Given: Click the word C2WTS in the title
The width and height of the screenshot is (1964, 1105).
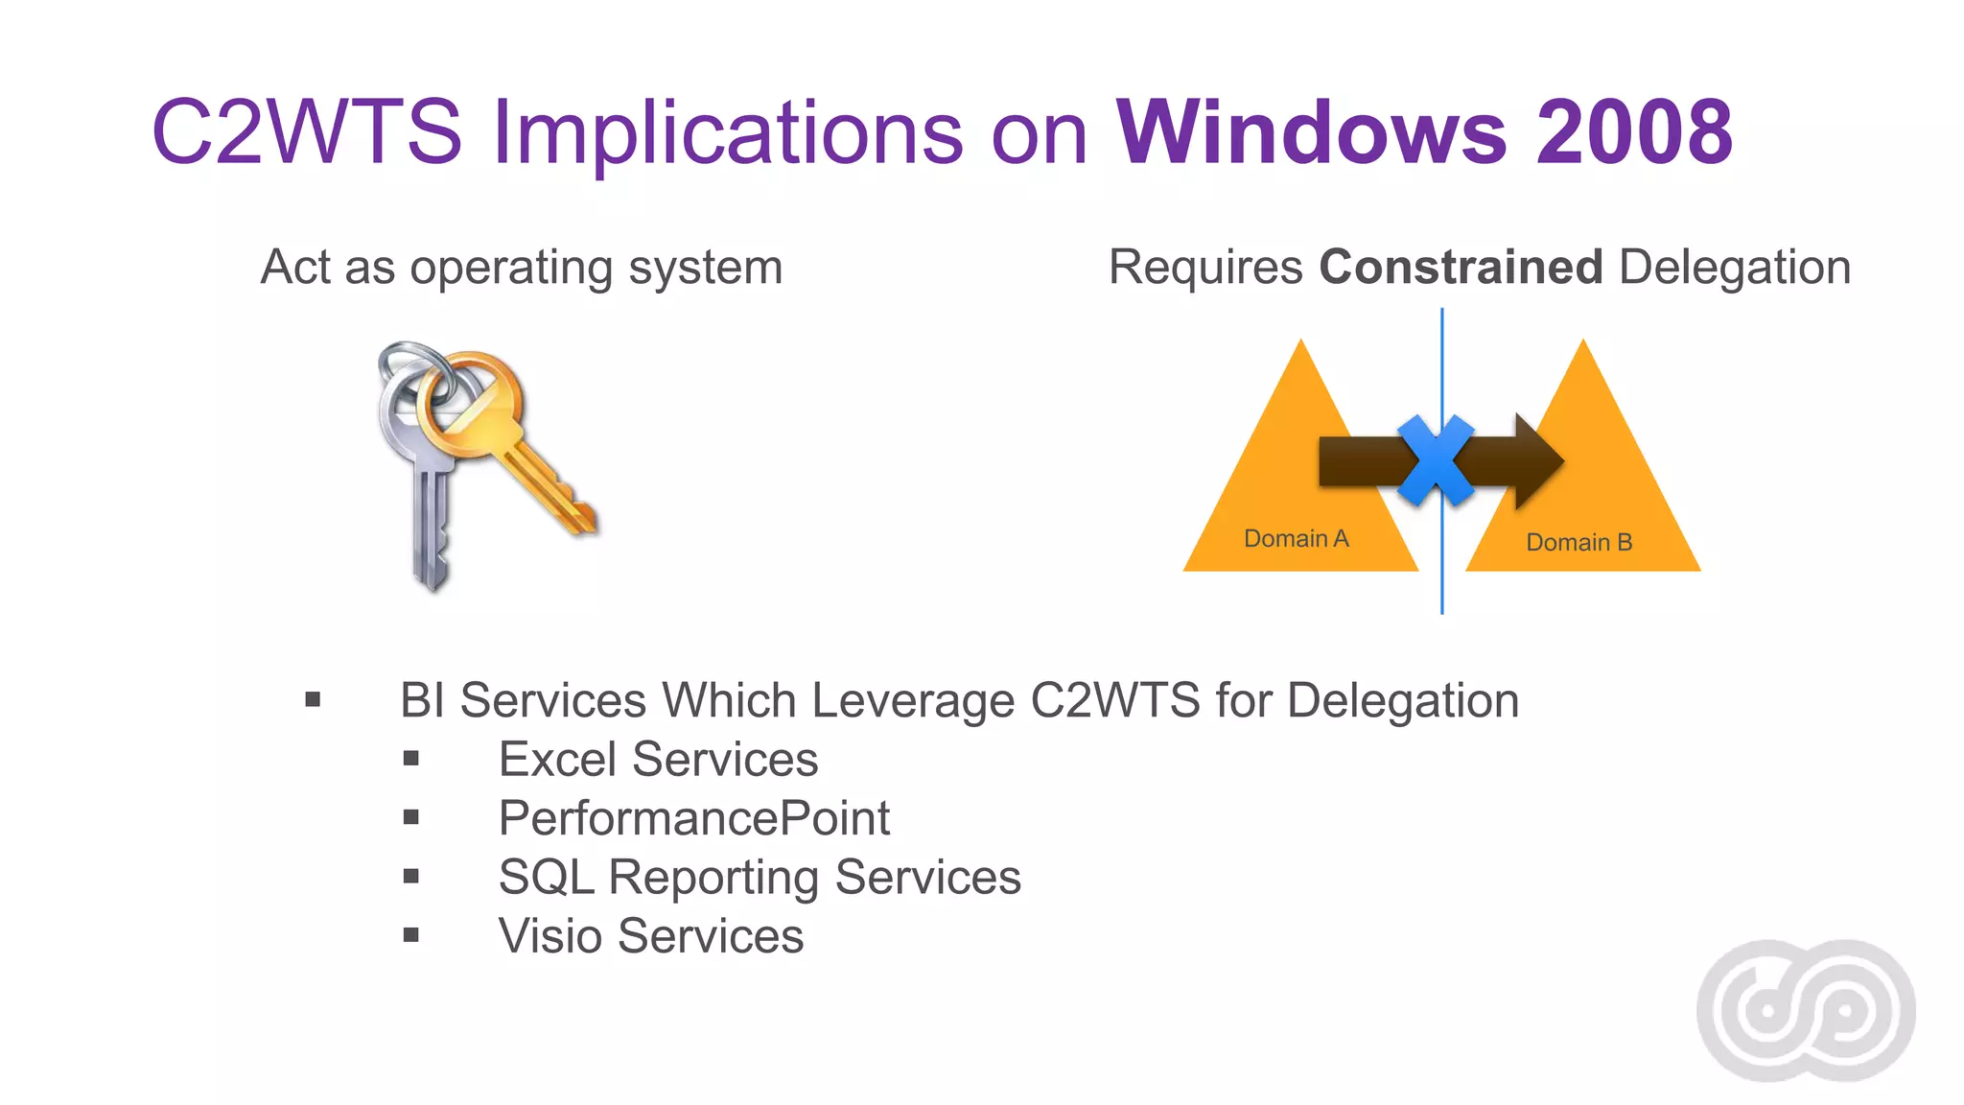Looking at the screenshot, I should point(307,131).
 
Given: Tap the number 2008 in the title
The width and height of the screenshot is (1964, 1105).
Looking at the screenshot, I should point(1634,131).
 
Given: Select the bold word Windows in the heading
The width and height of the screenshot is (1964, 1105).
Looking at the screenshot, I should point(1313,131).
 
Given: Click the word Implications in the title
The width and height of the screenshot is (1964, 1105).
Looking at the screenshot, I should point(727,131).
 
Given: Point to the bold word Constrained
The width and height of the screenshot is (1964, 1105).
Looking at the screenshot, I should point(1461,267).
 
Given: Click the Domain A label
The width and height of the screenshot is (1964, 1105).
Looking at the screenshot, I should point(1296,539).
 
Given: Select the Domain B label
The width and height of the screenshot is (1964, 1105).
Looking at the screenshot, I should point(1578,543).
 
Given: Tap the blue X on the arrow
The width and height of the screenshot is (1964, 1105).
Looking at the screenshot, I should point(1435,460).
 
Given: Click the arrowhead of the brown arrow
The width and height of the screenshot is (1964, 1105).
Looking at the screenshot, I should point(1538,461).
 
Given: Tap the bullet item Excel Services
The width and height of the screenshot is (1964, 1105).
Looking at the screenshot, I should point(658,760).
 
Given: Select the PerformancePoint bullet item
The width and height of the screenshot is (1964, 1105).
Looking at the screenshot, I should point(693,818).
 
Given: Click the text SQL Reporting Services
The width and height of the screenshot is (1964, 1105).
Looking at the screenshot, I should point(760,877).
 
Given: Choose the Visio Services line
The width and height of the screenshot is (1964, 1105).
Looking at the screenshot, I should point(650,936).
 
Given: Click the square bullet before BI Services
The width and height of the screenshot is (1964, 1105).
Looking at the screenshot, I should point(313,700).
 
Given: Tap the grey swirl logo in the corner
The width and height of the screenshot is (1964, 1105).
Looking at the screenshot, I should point(1806,1010).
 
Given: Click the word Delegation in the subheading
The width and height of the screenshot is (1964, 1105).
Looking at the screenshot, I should point(1734,267).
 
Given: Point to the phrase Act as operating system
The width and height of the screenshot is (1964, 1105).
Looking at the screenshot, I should point(522,267).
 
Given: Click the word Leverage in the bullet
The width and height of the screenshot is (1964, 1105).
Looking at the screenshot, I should point(912,700).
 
